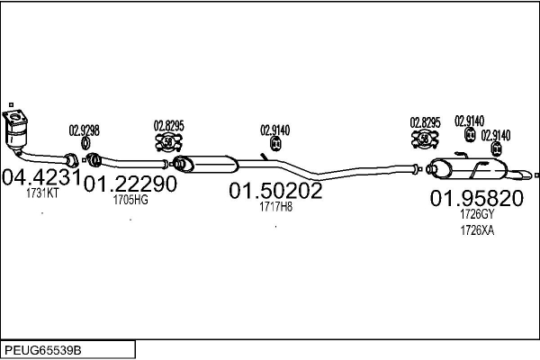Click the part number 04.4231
tap(41, 177)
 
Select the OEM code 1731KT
tap(42, 193)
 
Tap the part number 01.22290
tap(130, 184)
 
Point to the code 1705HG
tap(130, 200)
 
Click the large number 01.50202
tap(275, 191)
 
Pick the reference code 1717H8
tap(275, 207)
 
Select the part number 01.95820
tap(477, 198)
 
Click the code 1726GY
tap(477, 214)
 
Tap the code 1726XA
tap(477, 230)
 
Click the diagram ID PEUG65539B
tap(43, 350)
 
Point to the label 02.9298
tap(85, 130)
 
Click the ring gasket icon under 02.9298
tap(85, 143)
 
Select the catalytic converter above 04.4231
tap(15, 130)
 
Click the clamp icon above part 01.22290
tap(168, 141)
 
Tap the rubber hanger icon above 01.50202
tap(275, 143)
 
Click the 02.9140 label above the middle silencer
tap(274, 130)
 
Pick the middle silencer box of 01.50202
tap(205, 164)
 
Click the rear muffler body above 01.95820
tap(468, 168)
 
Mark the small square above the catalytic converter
tap(11, 104)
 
